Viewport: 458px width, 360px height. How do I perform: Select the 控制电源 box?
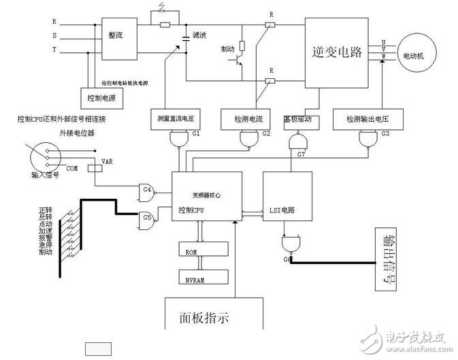point(103,97)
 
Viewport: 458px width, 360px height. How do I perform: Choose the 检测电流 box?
point(247,119)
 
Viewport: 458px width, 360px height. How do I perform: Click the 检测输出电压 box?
point(365,119)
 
